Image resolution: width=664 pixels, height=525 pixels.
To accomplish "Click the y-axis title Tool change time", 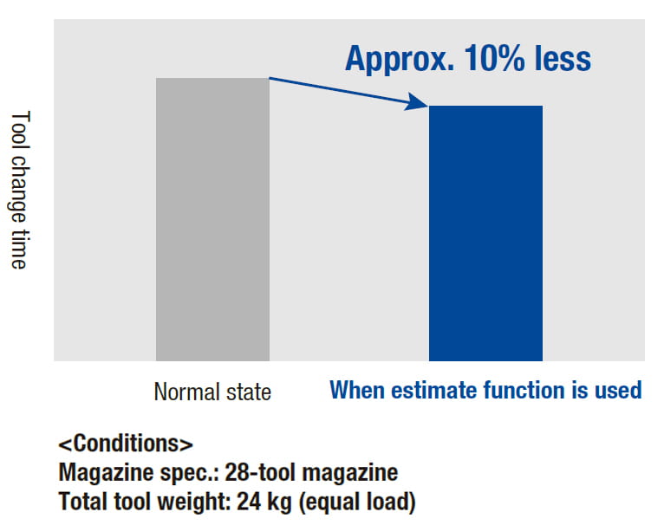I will tap(20, 191).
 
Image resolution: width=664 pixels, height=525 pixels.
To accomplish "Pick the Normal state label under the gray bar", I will tap(212, 392).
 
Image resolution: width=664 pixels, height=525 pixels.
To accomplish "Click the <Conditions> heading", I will tap(125, 444).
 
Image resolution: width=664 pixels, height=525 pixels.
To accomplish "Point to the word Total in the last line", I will tap(82, 502).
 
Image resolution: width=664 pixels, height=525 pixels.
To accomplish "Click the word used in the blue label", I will tap(620, 391).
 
